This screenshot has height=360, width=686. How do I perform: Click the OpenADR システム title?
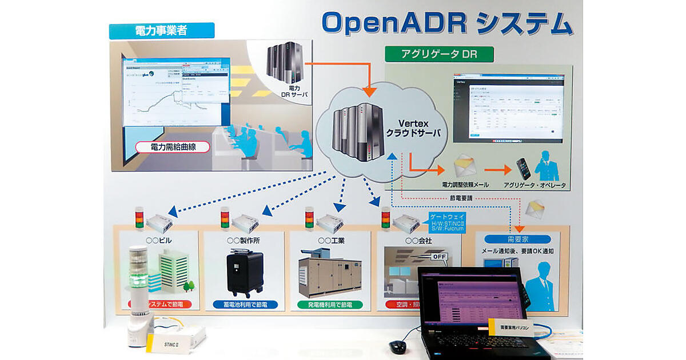coord(446,24)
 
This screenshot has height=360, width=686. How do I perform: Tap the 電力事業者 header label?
coord(161,31)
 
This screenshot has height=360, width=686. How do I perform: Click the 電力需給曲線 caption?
coord(172,147)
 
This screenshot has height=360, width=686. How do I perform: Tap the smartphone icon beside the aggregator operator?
coord(523,168)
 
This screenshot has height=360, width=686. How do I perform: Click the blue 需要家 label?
coord(517,239)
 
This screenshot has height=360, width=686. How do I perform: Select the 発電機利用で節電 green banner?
coord(333,305)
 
